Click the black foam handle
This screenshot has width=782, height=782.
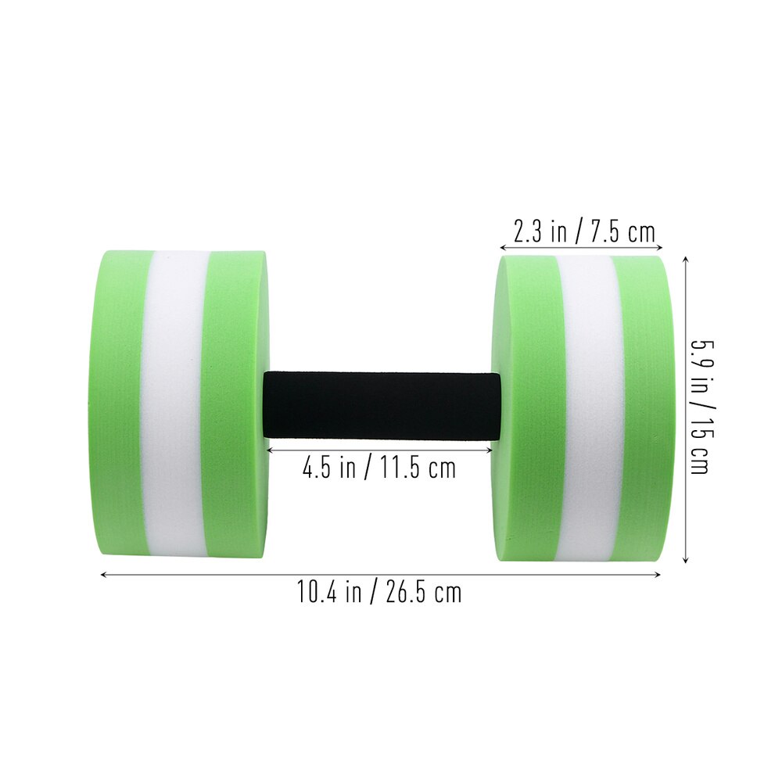tap(382, 405)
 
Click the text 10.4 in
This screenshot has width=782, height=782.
tap(329, 592)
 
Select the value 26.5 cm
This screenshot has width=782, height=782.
tap(423, 592)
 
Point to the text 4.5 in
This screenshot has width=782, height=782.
tap(327, 468)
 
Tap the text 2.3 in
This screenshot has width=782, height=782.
tap(540, 231)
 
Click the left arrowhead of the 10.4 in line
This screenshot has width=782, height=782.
tap(103, 576)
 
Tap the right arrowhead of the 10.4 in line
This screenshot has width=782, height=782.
tap(658, 576)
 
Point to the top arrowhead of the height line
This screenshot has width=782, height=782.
tap(686, 258)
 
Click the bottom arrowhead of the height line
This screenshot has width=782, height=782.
tap(686, 560)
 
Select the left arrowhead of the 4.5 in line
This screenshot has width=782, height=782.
tap(270, 450)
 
